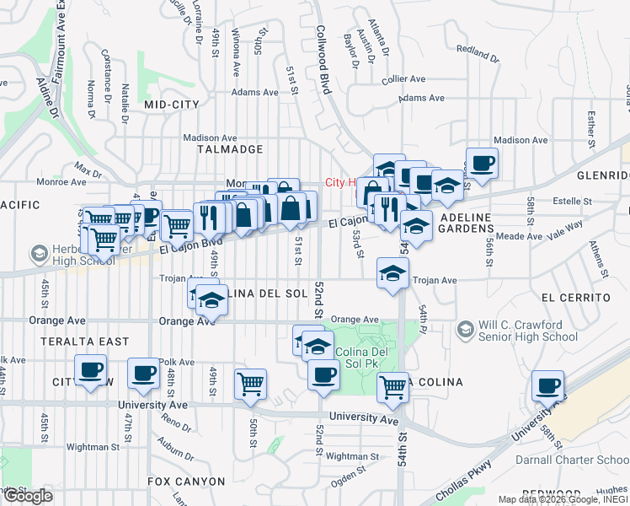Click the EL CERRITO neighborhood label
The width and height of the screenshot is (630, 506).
[x=576, y=298]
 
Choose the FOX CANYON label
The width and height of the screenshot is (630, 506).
[x=186, y=482]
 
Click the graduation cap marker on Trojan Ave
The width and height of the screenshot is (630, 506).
[x=392, y=273]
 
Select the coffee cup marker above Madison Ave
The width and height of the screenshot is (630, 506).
[x=482, y=163]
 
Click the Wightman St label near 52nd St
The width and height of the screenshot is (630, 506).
[x=347, y=456]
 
